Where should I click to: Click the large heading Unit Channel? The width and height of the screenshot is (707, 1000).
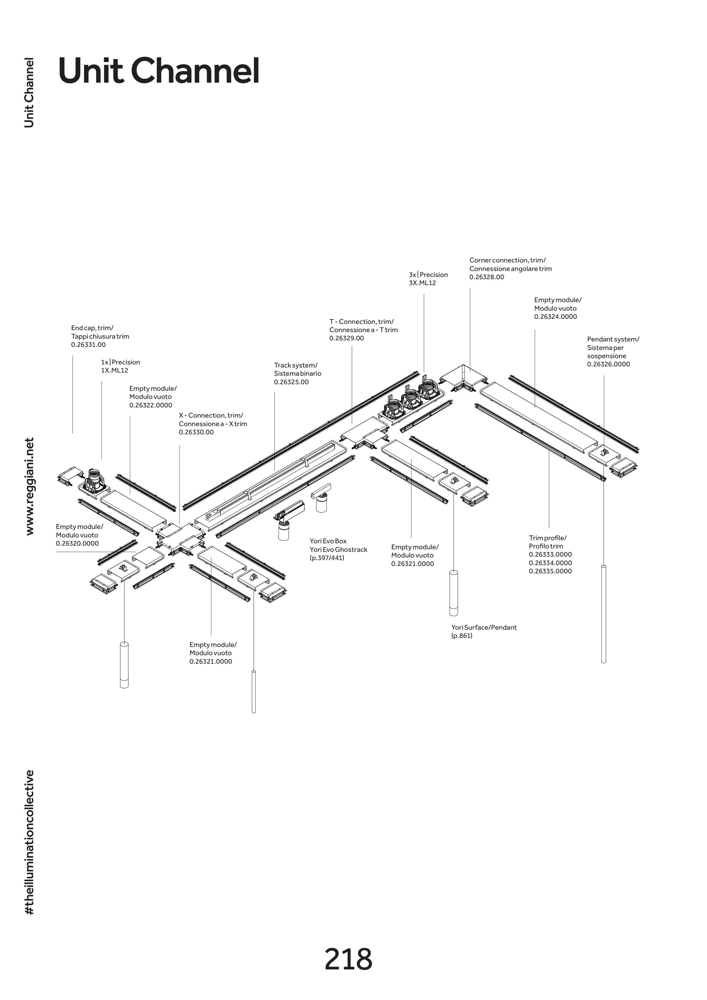pyautogui.click(x=159, y=71)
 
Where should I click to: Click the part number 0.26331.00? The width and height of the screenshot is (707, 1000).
pyautogui.click(x=88, y=345)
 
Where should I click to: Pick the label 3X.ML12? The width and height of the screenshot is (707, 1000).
pyautogui.click(x=422, y=283)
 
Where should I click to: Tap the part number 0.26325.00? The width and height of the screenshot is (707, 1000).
pyautogui.click(x=291, y=383)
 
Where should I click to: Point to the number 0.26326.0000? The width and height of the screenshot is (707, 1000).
pyautogui.click(x=608, y=365)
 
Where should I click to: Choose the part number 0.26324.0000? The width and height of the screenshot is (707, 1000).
pyautogui.click(x=556, y=317)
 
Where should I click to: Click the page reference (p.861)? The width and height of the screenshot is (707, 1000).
pyautogui.click(x=462, y=636)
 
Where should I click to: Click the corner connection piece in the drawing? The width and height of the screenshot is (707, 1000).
pyautogui.click(x=462, y=378)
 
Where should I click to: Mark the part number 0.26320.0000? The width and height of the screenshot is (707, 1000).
pyautogui.click(x=77, y=544)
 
